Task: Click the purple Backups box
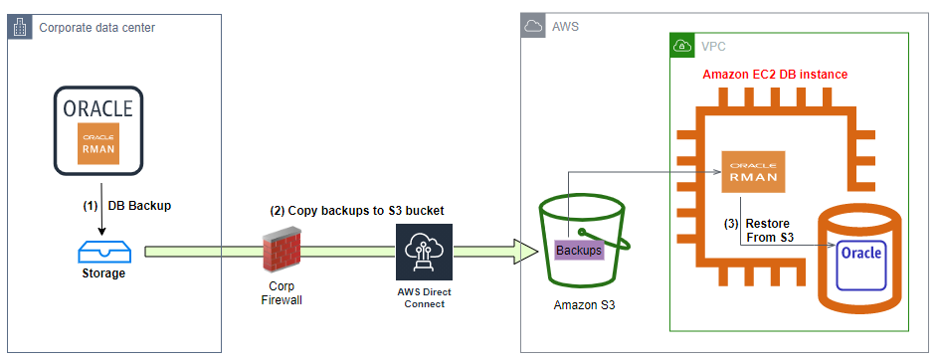[x=579, y=250]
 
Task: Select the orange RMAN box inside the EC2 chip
[x=753, y=171]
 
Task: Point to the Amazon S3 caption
[x=584, y=305]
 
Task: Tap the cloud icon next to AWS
[x=534, y=27]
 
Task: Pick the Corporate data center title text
[x=96, y=28]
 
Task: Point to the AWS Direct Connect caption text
[x=423, y=297]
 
